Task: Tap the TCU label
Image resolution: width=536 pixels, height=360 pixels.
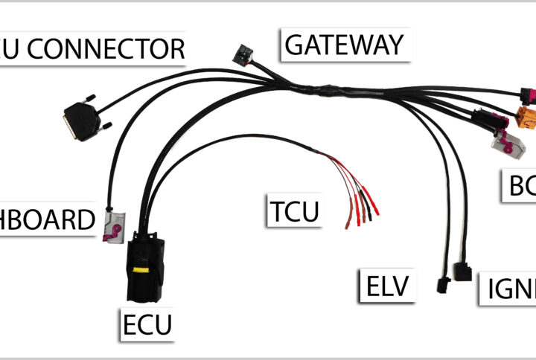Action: [x=295, y=211]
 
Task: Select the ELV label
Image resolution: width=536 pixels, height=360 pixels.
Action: [x=389, y=286]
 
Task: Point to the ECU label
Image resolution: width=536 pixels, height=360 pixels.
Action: [x=147, y=324]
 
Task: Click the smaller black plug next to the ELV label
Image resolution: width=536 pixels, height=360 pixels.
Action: [x=441, y=286]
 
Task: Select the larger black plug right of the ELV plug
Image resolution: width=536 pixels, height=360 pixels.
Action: [x=462, y=271]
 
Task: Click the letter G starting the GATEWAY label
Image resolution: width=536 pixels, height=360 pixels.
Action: [x=293, y=45]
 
